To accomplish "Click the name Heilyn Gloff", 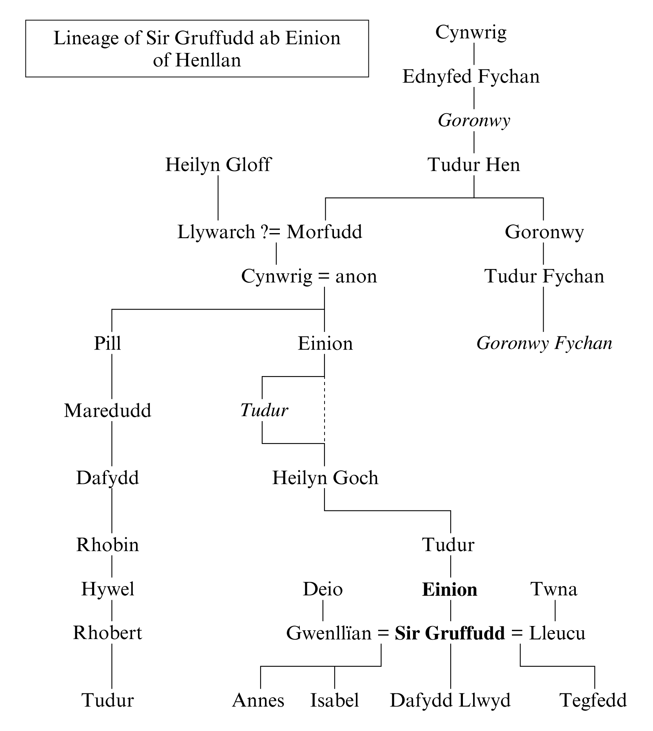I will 218,165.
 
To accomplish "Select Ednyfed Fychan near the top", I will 471,76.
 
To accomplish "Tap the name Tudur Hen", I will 473,165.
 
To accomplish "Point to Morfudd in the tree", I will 324,232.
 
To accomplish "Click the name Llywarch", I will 216,232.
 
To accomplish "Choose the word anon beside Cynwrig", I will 356,276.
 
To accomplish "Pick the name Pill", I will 107,344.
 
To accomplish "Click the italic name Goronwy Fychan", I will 544,344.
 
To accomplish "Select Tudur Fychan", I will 544,276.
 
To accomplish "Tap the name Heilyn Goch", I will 325,478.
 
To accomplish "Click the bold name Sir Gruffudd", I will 450,633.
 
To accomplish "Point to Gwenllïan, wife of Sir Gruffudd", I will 328,633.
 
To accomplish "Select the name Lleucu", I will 557,633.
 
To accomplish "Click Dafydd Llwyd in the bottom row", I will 450,700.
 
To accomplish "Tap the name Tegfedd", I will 593,700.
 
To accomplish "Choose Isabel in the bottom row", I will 334,700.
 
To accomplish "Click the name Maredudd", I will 107,411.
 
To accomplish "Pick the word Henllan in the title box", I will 208,60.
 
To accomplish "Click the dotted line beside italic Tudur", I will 325,410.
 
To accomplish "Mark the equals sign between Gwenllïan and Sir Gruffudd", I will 383,633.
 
